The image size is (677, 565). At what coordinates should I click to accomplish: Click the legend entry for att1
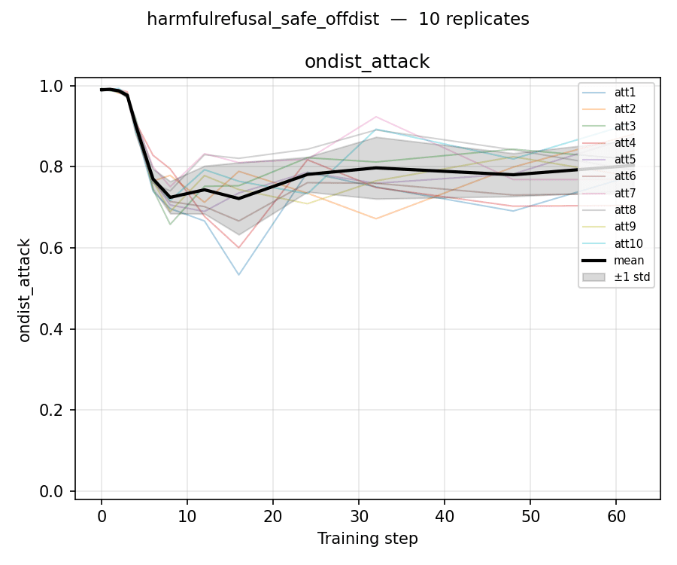click(x=609, y=93)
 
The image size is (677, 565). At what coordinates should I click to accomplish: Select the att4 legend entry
click(x=609, y=142)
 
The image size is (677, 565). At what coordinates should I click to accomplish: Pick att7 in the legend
click(x=609, y=194)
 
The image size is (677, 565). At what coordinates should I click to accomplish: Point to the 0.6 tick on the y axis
click(x=52, y=248)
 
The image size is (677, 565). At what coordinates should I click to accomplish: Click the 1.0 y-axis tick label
click(x=52, y=86)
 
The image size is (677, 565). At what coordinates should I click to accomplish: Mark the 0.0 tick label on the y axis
click(x=52, y=491)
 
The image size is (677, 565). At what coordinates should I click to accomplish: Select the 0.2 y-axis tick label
click(x=52, y=411)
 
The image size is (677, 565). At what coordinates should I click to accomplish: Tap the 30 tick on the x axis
click(x=359, y=516)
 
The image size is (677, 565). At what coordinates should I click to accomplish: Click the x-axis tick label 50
click(x=530, y=516)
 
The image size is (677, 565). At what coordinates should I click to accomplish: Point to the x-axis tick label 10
click(x=187, y=516)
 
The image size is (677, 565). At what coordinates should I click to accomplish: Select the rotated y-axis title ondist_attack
click(x=25, y=291)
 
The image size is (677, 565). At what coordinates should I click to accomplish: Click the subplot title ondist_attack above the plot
click(x=367, y=62)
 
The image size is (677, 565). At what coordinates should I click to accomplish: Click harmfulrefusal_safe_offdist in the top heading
click(x=263, y=20)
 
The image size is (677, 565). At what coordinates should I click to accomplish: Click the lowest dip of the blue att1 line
click(x=238, y=274)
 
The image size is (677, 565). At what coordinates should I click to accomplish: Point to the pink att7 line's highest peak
click(x=376, y=117)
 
